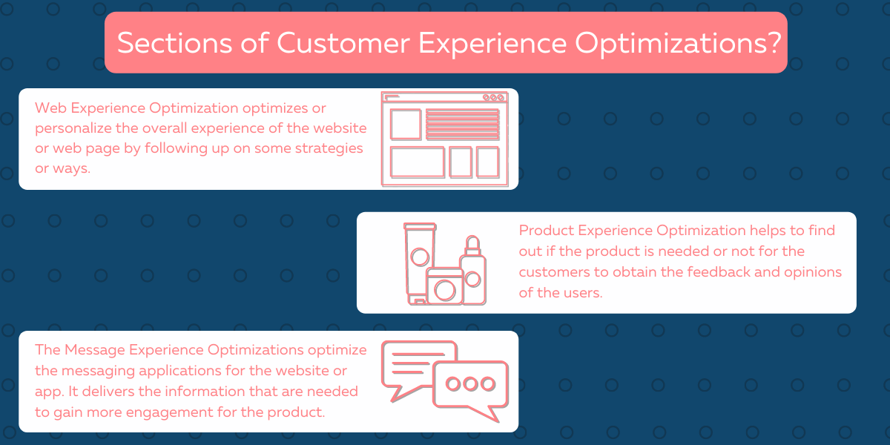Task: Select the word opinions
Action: (x=813, y=271)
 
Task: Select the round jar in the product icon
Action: (x=445, y=287)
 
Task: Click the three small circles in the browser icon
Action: (x=493, y=97)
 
